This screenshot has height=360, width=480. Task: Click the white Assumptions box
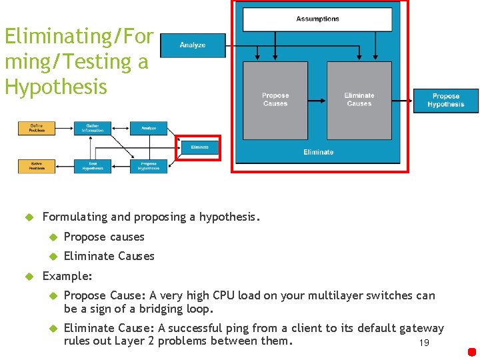pyautogui.click(x=317, y=19)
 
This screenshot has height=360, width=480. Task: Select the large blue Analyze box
pyautogui.click(x=193, y=45)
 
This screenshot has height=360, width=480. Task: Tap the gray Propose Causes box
pyautogui.click(x=275, y=100)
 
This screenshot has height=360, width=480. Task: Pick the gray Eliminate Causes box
pyautogui.click(x=359, y=100)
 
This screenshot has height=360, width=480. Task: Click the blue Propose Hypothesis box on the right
pyautogui.click(x=445, y=101)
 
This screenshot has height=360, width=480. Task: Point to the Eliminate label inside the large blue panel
pyautogui.click(x=318, y=152)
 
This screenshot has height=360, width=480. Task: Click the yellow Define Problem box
pyautogui.click(x=36, y=129)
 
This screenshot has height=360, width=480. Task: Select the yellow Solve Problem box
pyautogui.click(x=36, y=166)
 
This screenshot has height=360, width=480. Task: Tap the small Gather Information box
pyautogui.click(x=93, y=129)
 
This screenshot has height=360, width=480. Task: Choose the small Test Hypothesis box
pyautogui.click(x=93, y=166)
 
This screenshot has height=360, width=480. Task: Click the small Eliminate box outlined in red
pyautogui.click(x=199, y=147)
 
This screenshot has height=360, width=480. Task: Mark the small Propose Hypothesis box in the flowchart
pyautogui.click(x=149, y=166)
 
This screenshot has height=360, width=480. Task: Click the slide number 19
pyautogui.click(x=423, y=343)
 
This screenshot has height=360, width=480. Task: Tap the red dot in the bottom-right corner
pyautogui.click(x=471, y=352)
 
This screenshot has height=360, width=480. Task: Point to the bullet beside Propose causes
pyautogui.click(x=53, y=237)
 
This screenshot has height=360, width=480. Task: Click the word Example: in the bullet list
pyautogui.click(x=67, y=275)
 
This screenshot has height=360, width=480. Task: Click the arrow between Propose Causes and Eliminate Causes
pyautogui.click(x=317, y=101)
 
